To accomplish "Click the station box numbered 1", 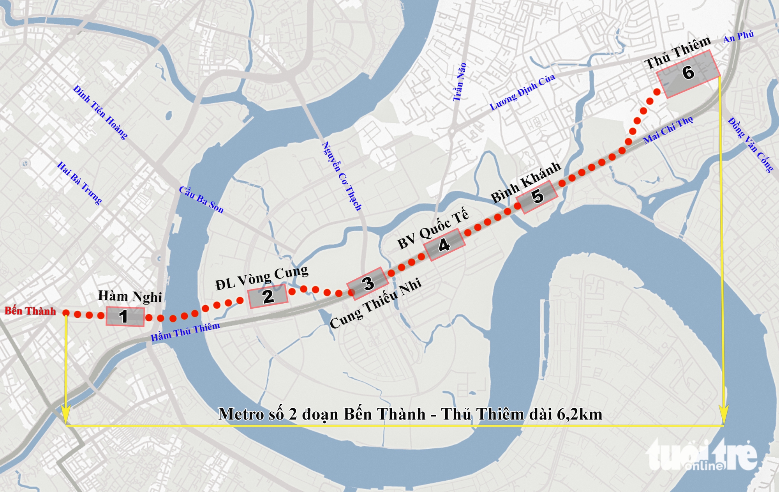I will [x=125, y=316].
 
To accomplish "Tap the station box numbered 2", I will [x=268, y=296].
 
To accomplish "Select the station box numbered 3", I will [x=368, y=283].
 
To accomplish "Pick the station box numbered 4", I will [x=444, y=244].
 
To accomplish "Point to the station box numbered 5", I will [x=537, y=196].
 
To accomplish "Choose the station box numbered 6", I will [x=688, y=73].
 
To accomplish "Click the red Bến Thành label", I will [x=30, y=311].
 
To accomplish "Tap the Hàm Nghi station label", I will [x=130, y=296].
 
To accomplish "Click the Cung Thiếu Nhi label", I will [x=375, y=303].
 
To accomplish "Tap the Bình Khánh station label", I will [x=525, y=182].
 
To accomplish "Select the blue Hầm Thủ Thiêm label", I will [x=185, y=332].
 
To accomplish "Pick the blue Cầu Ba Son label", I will [x=201, y=200].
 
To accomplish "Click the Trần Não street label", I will [x=459, y=82].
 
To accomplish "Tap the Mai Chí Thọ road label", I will [x=668, y=130].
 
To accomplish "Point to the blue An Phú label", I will [x=738, y=37].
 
